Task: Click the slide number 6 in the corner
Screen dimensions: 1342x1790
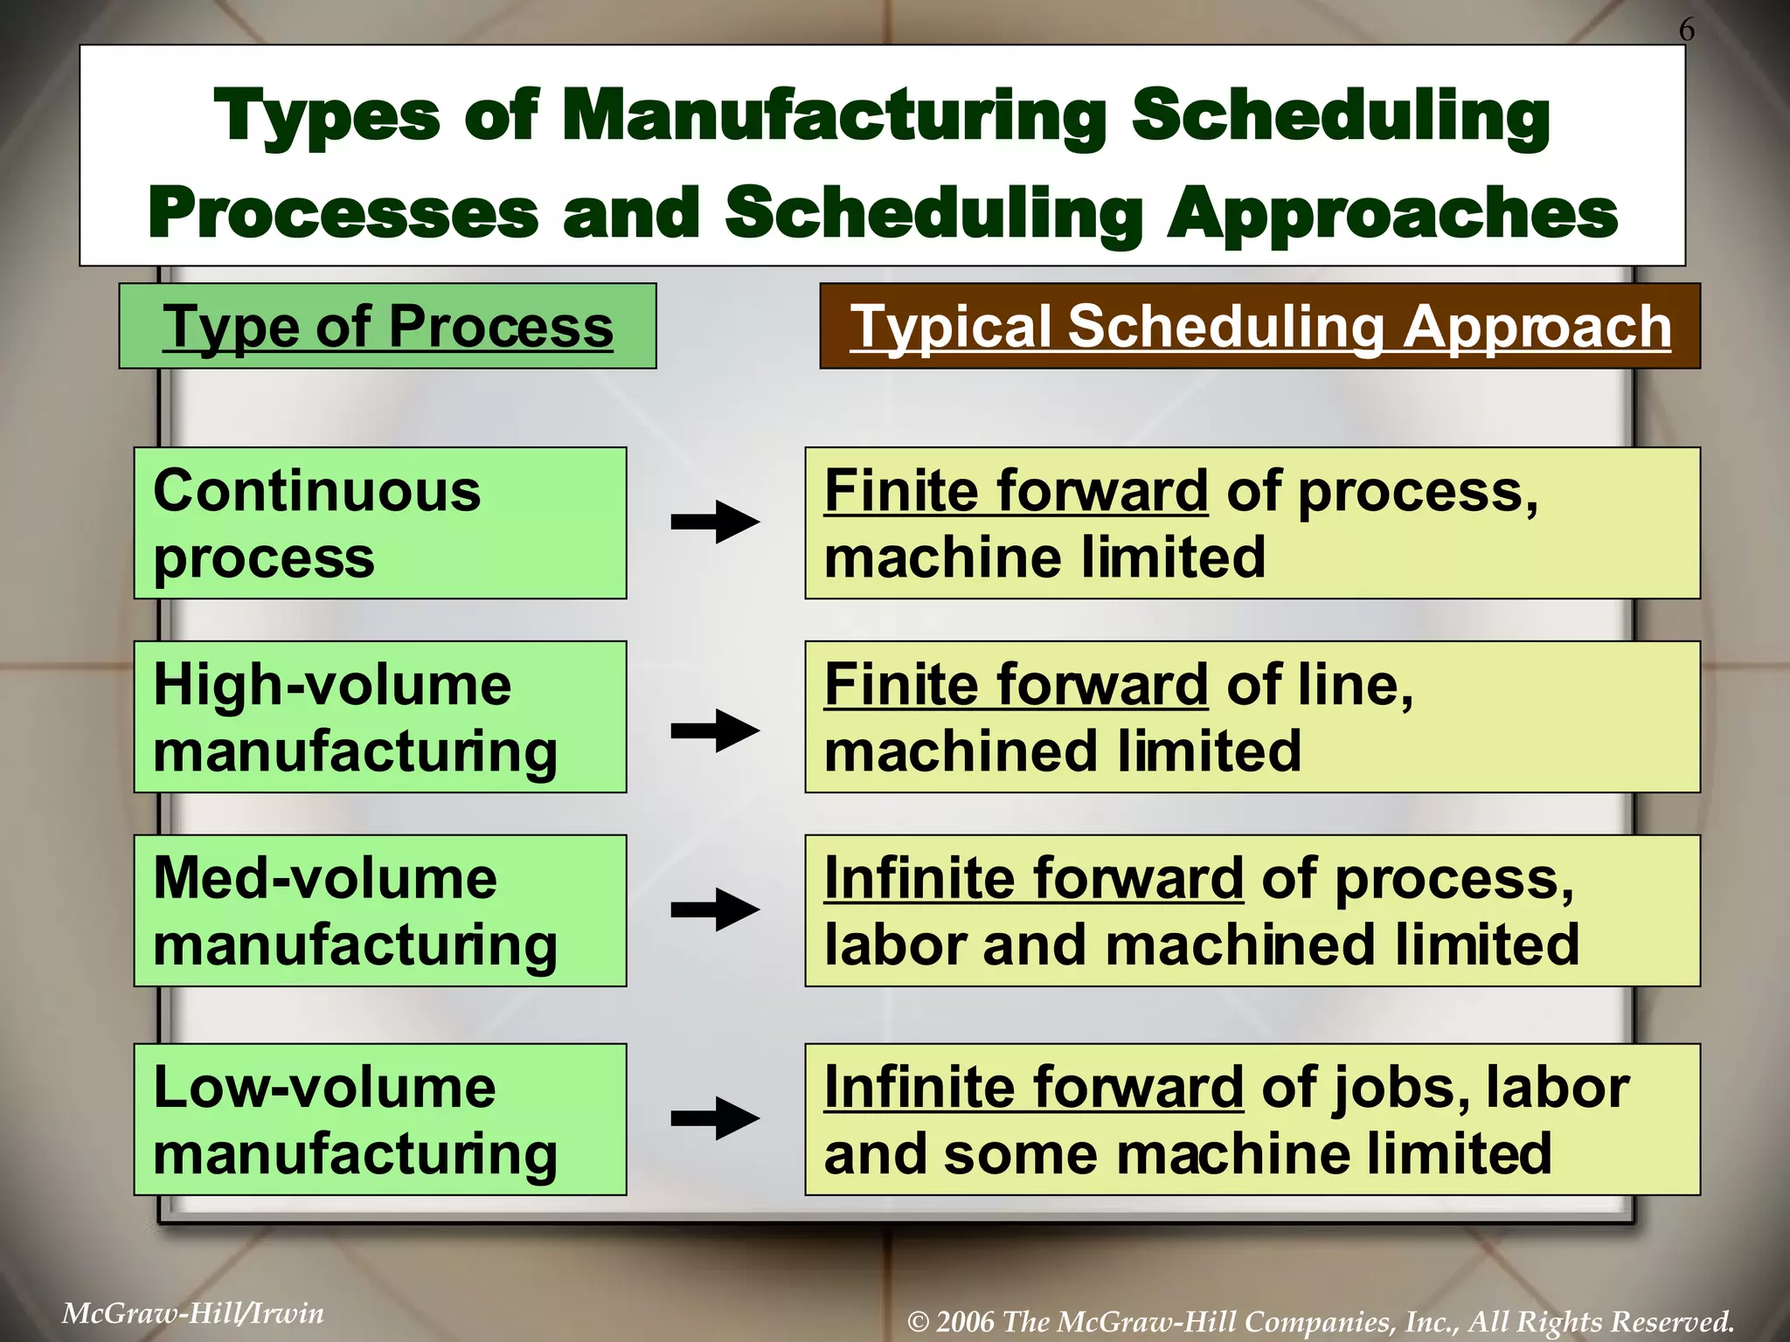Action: pyautogui.click(x=1686, y=30)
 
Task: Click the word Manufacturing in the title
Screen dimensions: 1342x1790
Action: pyautogui.click(x=834, y=116)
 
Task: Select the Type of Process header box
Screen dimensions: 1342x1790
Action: pyautogui.click(x=387, y=327)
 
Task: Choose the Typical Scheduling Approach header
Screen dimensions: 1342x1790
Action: pyautogui.click(x=1259, y=327)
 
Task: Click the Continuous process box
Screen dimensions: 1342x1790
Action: pyautogui.click(x=380, y=523)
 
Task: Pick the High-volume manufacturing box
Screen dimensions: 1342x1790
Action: pyautogui.click(x=380, y=717)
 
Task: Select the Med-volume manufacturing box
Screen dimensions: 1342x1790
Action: pyautogui.click(x=380, y=911)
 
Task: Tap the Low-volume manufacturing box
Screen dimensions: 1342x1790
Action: pyautogui.click(x=380, y=1119)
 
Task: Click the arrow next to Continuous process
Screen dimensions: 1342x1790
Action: pyautogui.click(x=715, y=522)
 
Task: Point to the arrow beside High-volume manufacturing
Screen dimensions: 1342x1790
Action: pyautogui.click(x=715, y=730)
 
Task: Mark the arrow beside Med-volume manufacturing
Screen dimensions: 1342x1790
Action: pyautogui.click(x=715, y=910)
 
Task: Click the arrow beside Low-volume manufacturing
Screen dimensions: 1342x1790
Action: pyautogui.click(x=715, y=1118)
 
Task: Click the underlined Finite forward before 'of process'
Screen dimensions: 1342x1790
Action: pyautogui.click(x=1016, y=491)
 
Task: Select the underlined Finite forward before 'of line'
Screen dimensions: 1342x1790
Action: pyautogui.click(x=1016, y=684)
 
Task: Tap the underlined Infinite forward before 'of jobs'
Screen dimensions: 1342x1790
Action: pyautogui.click(x=1033, y=1088)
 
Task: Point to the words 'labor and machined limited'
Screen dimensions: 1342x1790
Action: pyautogui.click(x=1202, y=945)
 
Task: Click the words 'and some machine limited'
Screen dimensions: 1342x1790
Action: pyautogui.click(x=1187, y=1154)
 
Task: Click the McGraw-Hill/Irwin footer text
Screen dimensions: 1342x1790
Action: pyautogui.click(x=193, y=1313)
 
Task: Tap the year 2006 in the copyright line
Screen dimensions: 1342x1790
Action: pyautogui.click(x=965, y=1321)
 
